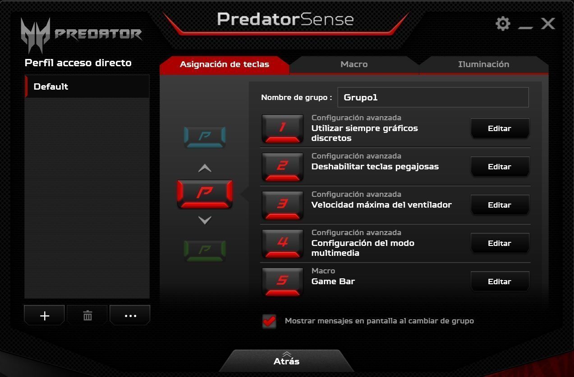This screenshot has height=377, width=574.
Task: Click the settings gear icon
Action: coord(503,24)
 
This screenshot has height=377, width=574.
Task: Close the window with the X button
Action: coord(548,24)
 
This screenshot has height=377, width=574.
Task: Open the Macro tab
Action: coord(354,64)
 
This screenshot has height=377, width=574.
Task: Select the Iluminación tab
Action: coord(483,64)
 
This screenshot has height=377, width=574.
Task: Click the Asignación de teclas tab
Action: coord(225,64)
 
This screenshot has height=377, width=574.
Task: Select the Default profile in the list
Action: coord(87,86)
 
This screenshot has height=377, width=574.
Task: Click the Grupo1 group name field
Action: coord(433,97)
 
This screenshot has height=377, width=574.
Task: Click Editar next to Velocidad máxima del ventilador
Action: coord(500,205)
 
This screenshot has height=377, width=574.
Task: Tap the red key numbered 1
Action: coord(282,128)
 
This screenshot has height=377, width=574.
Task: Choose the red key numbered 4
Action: coord(282,243)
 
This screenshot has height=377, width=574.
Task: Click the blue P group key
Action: coord(205,137)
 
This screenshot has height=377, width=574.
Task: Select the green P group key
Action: coord(205,251)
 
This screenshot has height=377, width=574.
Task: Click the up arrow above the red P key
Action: coord(205,168)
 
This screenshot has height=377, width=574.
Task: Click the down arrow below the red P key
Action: coord(205,220)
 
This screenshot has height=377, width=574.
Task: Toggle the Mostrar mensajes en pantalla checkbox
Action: coord(269,321)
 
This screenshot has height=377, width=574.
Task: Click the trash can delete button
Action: coord(87,315)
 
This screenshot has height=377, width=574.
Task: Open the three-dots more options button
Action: coord(130,315)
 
